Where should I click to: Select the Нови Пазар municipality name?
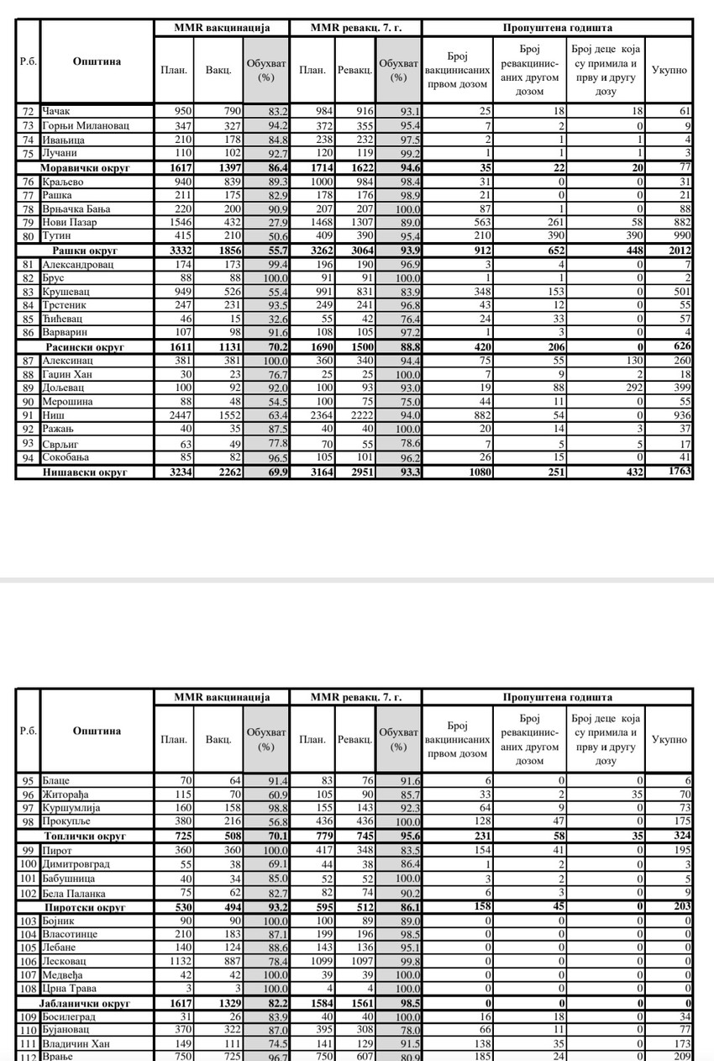click(x=69, y=223)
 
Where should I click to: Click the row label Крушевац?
click(x=68, y=292)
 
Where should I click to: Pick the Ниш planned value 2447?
click(x=173, y=414)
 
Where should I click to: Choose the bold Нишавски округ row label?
click(x=85, y=472)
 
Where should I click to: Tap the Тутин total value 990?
click(x=680, y=236)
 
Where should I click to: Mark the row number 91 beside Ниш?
click(x=28, y=414)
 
